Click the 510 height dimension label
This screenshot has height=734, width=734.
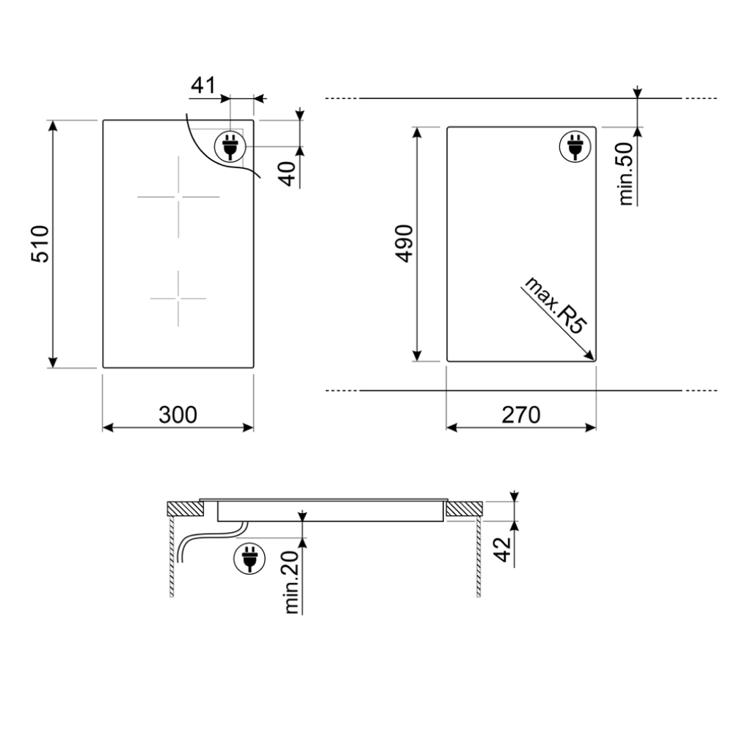40,244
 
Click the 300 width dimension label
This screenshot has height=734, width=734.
178,415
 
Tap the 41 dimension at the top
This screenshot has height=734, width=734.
203,86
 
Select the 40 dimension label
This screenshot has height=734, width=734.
288,173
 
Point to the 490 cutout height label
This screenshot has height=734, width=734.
404,244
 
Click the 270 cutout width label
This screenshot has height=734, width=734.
521,415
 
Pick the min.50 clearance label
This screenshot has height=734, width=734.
626,174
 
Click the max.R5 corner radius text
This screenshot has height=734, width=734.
556,305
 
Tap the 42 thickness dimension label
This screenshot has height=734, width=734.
502,549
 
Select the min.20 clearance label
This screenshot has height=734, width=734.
291,582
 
